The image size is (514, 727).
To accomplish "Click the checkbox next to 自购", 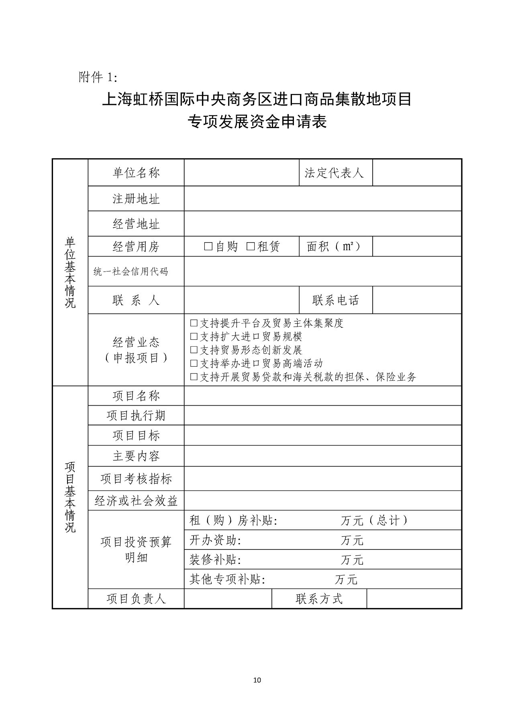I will (x=208, y=247).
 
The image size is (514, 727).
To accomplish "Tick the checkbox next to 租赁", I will (x=251, y=247).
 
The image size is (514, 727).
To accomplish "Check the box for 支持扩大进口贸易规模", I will (x=194, y=337).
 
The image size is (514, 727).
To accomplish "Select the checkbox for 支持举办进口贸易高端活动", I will (x=194, y=363).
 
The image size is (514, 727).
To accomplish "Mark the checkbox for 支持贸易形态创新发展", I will (x=194, y=350).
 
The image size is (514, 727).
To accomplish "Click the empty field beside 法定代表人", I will (x=416, y=173).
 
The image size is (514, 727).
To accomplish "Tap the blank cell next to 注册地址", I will (x=322, y=199).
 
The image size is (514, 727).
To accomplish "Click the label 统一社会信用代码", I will (x=131, y=272).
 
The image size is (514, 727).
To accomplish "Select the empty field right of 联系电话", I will (x=416, y=300).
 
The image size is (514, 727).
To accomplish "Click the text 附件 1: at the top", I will (x=98, y=77).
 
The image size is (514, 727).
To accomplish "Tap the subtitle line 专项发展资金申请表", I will (x=257, y=122).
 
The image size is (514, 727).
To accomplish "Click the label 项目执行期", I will (x=136, y=415).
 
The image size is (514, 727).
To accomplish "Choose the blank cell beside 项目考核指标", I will (x=322, y=478).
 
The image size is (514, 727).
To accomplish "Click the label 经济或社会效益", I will (x=136, y=500).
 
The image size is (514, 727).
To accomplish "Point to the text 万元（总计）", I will (x=374, y=521).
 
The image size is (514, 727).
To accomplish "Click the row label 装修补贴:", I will (x=215, y=560).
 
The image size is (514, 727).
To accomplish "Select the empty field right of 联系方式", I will (x=414, y=599).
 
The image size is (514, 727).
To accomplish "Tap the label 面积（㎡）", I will (x=334, y=246).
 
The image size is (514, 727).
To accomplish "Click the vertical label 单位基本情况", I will (x=70, y=272).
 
